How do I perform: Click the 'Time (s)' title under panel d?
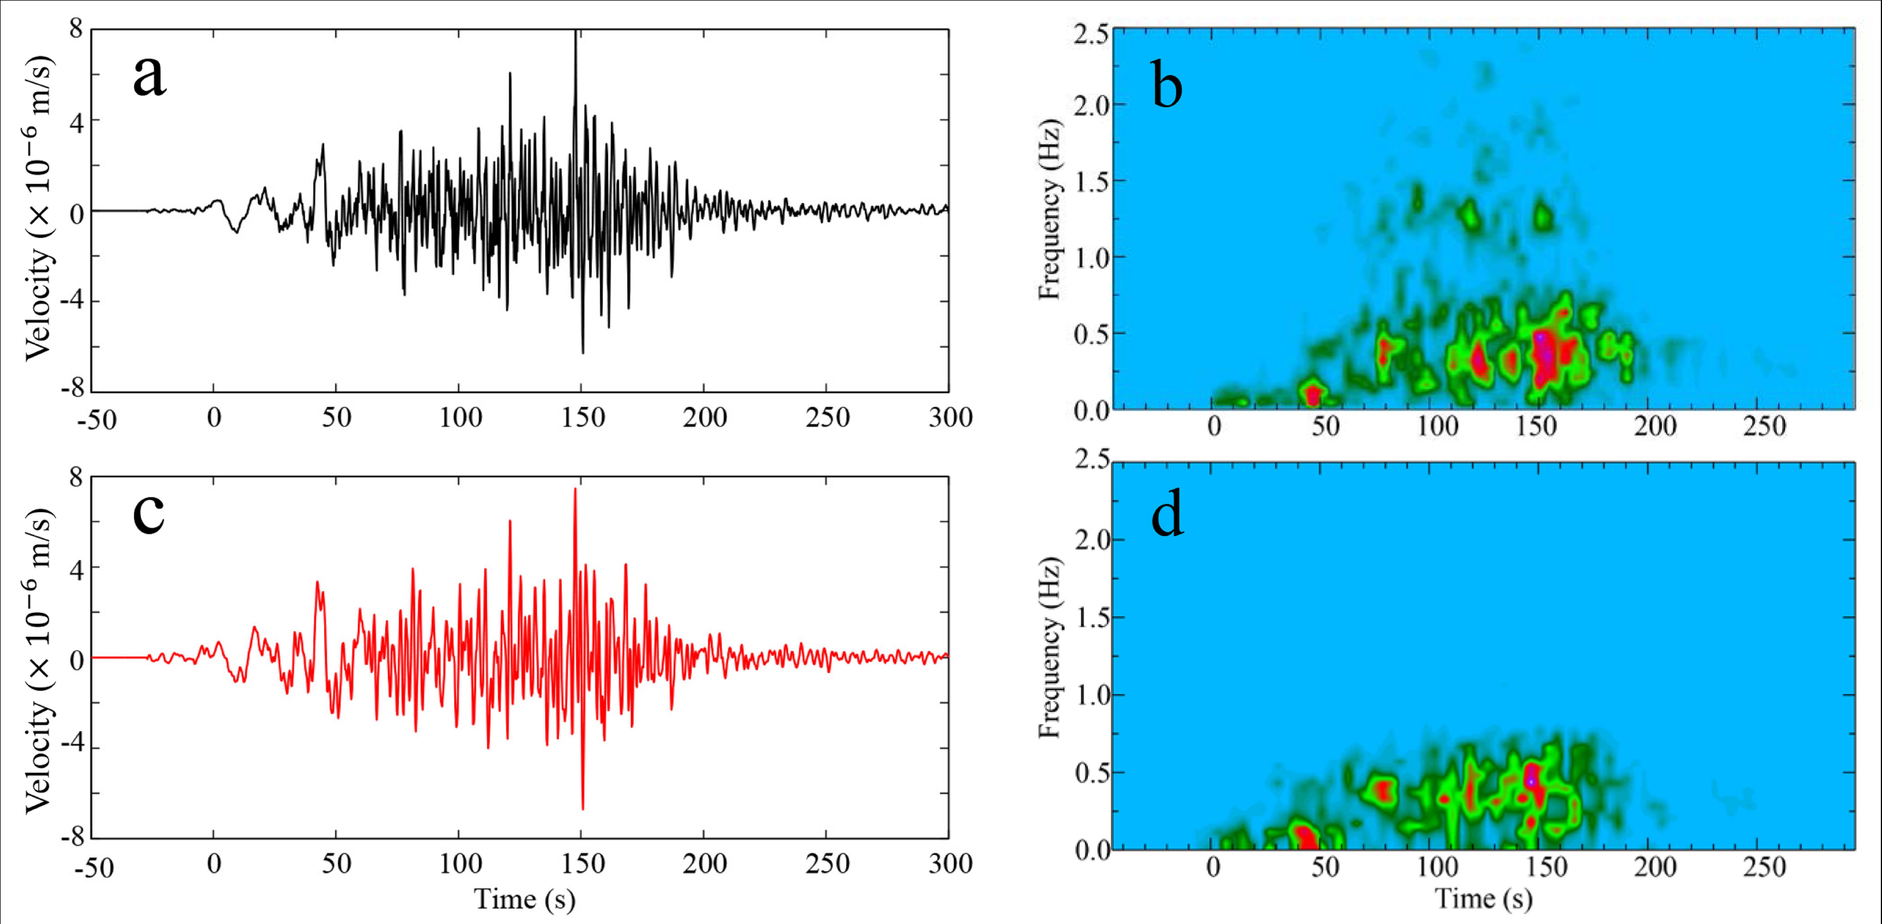pos(1483,898)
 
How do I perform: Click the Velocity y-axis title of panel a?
pos(40,208)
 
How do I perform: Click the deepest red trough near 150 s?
pos(582,807)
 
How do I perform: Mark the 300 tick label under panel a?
pos(950,418)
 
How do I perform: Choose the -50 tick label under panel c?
pos(95,867)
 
